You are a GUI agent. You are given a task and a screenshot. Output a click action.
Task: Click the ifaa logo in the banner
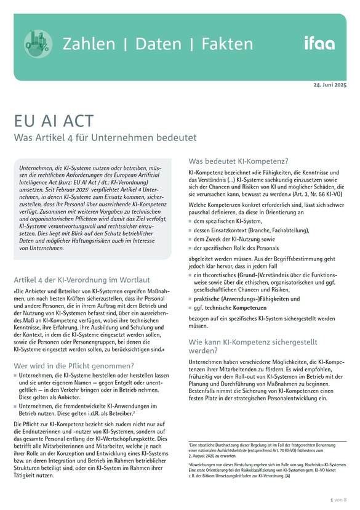tap(319, 43)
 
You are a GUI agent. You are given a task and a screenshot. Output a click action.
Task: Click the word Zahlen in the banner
tap(88, 44)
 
